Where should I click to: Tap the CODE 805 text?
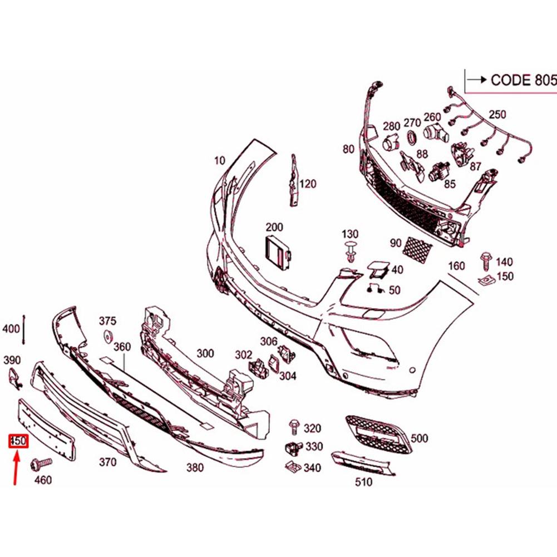(x=523, y=80)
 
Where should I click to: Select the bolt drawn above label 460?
(x=41, y=462)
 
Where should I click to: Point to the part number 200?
(x=274, y=227)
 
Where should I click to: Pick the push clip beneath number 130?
(x=351, y=252)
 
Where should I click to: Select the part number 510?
(x=363, y=482)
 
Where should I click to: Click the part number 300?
(x=205, y=353)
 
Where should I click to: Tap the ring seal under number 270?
(x=411, y=137)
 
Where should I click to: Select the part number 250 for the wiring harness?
(x=497, y=115)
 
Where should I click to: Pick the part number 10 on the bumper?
(x=219, y=161)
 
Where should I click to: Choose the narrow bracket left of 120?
(x=293, y=181)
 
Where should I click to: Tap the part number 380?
(x=195, y=467)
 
